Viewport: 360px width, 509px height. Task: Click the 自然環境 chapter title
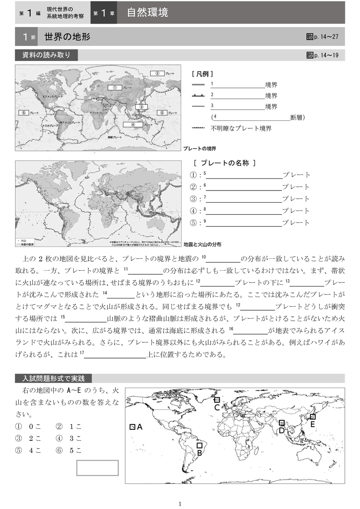(147, 13)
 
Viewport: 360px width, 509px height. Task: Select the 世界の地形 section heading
(67, 36)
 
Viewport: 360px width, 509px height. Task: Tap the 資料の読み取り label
(46, 56)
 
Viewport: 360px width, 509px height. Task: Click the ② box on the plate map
(157, 73)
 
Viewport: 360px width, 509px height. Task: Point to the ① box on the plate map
(115, 87)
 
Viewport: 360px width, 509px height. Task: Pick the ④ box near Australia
(133, 123)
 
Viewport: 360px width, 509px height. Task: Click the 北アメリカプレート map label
(52, 97)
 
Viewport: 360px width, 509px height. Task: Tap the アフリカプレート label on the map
(98, 113)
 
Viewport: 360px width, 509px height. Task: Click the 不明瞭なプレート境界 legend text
(241, 129)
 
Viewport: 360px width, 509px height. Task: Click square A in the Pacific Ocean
(132, 427)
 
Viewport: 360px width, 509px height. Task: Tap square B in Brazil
(199, 445)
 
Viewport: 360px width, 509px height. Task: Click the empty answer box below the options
(97, 468)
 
